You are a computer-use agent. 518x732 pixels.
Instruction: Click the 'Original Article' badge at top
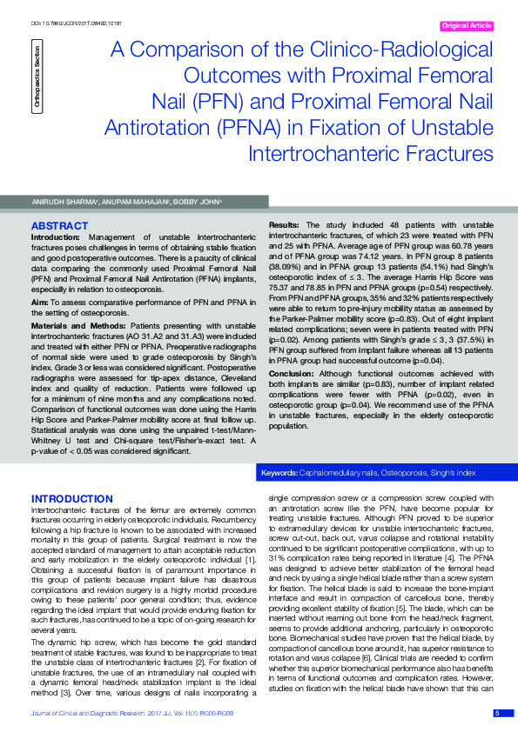[x=468, y=27]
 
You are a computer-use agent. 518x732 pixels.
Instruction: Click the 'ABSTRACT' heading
[x=60, y=225]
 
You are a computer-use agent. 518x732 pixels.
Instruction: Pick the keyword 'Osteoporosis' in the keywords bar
[x=406, y=474]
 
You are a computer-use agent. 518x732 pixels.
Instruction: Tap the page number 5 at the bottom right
[x=497, y=714]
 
